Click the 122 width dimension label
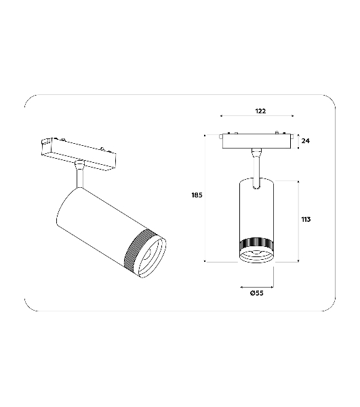(260, 111)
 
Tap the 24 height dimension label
(305, 140)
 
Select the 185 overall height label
(197, 195)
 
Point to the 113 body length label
(306, 220)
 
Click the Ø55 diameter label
(257, 293)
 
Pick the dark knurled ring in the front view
(256, 244)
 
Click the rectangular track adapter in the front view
(256, 141)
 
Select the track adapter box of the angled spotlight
(79, 154)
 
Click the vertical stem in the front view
(256, 169)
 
